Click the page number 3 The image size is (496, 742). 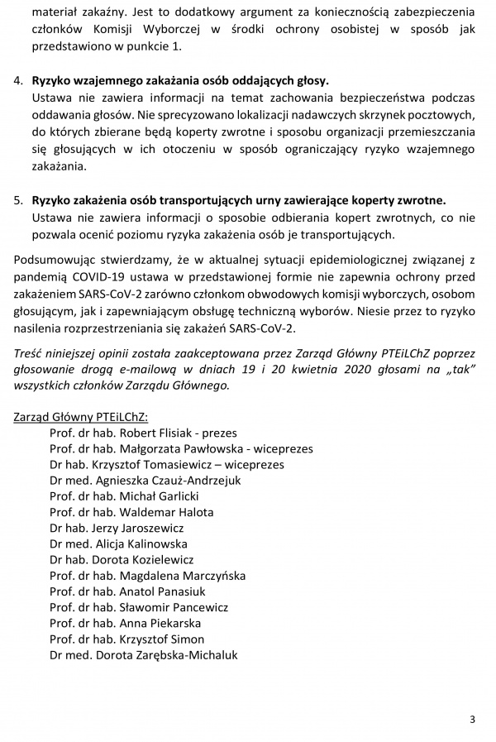pos(472,719)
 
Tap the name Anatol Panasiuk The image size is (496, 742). pos(163,591)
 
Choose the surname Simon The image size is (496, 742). pos(188,639)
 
